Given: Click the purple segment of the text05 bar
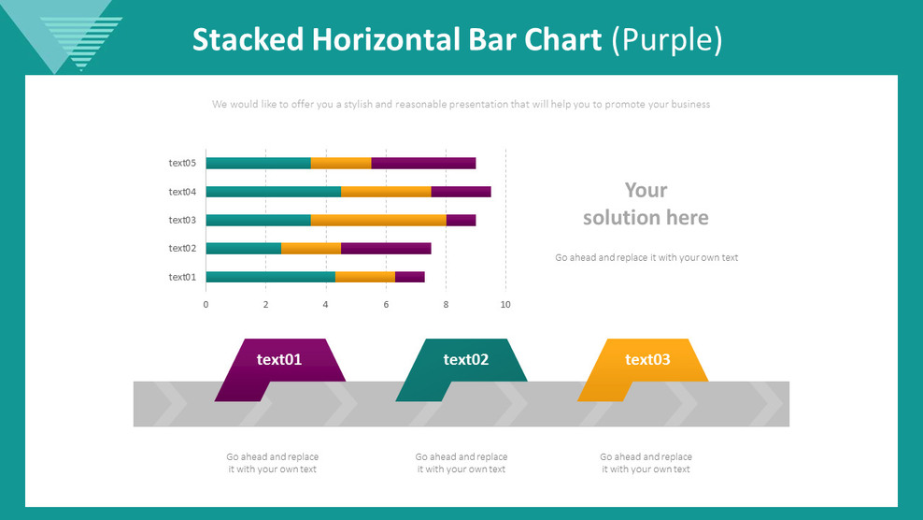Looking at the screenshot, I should [x=423, y=163].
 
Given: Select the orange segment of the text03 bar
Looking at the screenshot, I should [x=378, y=220].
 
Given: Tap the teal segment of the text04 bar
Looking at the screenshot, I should [x=273, y=192].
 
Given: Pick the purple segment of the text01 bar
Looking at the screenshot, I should [x=409, y=277].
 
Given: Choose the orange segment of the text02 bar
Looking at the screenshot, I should [x=311, y=249].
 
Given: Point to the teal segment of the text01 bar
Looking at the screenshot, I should [x=270, y=277].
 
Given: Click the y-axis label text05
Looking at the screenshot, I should [x=182, y=163].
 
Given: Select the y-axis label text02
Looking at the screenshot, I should [x=182, y=249].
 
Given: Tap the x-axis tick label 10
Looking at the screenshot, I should [x=505, y=305].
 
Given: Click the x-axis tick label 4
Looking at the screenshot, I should [x=326, y=305].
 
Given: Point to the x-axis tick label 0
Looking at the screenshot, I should [x=206, y=305].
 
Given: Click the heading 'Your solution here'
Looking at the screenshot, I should [x=646, y=204].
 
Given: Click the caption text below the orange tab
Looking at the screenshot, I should [x=646, y=463].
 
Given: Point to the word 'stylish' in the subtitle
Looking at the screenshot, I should [x=360, y=105].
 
